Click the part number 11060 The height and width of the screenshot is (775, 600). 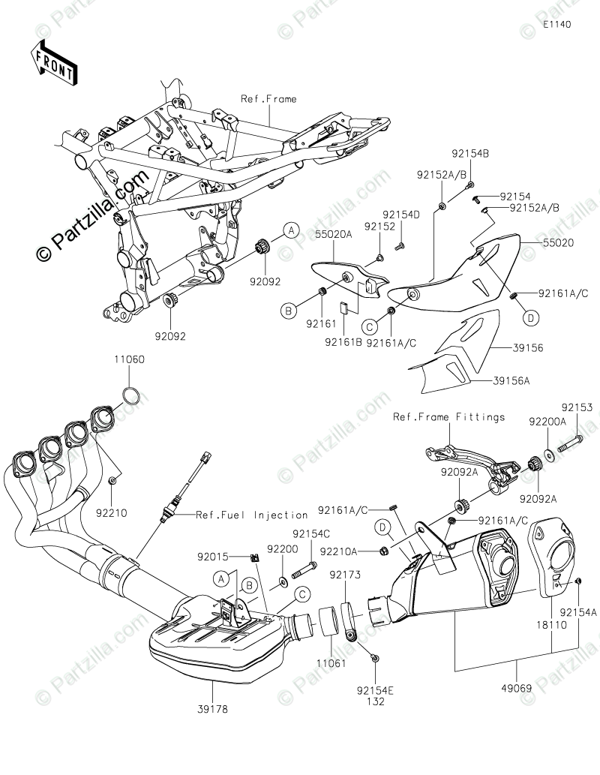130,360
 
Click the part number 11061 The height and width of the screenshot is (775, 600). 328,663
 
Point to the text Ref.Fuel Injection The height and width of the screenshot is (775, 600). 252,515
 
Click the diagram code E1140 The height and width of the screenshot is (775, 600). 557,25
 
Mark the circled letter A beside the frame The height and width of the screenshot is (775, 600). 291,230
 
